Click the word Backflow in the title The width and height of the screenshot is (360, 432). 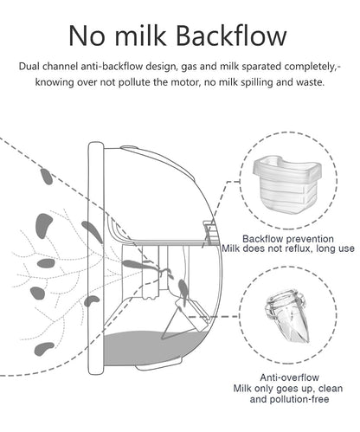tap(231, 35)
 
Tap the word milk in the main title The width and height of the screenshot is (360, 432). tap(140, 35)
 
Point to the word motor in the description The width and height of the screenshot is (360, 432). tap(186, 82)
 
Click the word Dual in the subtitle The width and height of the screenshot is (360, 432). tap(29, 67)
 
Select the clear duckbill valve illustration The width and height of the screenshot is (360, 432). tap(288, 317)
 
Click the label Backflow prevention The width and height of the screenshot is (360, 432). tap(288, 239)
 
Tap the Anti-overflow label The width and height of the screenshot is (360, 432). tap(289, 377)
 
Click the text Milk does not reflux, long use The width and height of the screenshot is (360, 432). tap(288, 248)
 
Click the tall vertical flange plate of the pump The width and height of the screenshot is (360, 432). tap(95, 258)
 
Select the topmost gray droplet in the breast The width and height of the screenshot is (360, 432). tap(46, 177)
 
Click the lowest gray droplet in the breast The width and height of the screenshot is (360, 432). tap(44, 349)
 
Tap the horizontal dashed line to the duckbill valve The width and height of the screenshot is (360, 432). tap(214, 317)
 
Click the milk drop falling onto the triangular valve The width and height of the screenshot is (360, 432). tap(183, 290)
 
